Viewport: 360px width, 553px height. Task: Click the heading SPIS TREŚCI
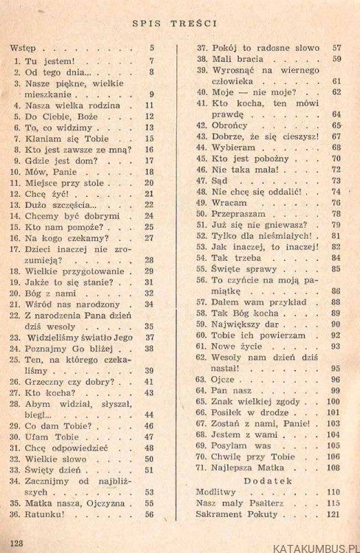pyautogui.click(x=180, y=23)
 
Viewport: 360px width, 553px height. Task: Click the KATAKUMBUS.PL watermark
pyautogui.click(x=313, y=546)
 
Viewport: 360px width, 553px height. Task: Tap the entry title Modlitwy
pyautogui.click(x=215, y=490)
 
